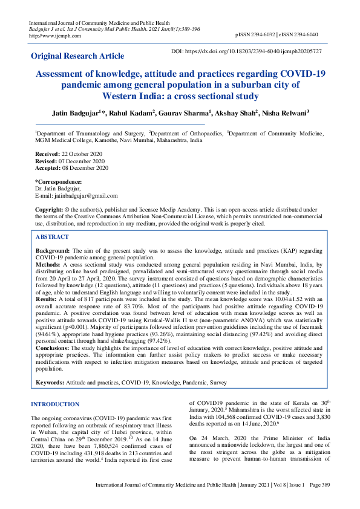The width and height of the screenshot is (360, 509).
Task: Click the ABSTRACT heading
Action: point(52,238)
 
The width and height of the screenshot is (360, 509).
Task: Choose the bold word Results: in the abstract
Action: point(47,299)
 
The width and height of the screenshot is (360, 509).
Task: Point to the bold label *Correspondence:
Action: point(59,182)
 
